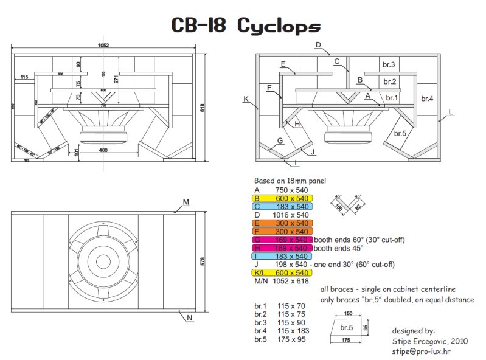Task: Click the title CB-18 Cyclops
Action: pyautogui.click(x=245, y=26)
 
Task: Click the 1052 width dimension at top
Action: pyautogui.click(x=103, y=45)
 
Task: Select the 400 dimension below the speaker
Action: pyautogui.click(x=103, y=150)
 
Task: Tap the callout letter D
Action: pyautogui.click(x=318, y=45)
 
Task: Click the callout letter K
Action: pyautogui.click(x=246, y=99)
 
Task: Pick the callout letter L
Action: pyautogui.click(x=450, y=112)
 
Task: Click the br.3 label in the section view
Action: pyautogui.click(x=389, y=64)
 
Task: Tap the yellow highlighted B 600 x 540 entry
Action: pyautogui.click(x=283, y=198)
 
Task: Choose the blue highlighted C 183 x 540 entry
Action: pyautogui.click(x=283, y=206)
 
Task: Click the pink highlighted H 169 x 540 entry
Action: pyautogui.click(x=283, y=247)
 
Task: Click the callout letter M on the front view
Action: pyautogui.click(x=186, y=201)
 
